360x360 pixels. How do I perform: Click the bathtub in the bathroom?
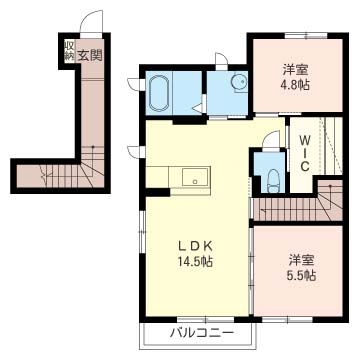point(159,93)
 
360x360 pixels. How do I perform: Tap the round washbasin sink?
point(239,81)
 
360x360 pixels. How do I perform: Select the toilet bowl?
point(274,181)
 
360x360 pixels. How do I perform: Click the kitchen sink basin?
point(195,176)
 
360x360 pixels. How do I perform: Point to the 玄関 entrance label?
point(89,55)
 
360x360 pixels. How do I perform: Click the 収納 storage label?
point(69,51)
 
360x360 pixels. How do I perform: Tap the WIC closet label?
point(304,154)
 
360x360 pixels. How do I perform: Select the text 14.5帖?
point(196,262)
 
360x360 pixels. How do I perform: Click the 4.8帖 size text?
point(295,85)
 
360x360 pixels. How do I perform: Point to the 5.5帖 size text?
point(302,276)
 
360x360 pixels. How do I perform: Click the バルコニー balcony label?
point(201,333)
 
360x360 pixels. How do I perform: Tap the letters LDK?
point(196,247)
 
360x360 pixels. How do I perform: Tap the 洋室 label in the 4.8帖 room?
point(295,70)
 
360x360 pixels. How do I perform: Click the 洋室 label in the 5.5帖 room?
point(302,261)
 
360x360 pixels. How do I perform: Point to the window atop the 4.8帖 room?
point(307,35)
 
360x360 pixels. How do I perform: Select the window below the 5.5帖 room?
point(287,320)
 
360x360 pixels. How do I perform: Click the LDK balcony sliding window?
point(206,319)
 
